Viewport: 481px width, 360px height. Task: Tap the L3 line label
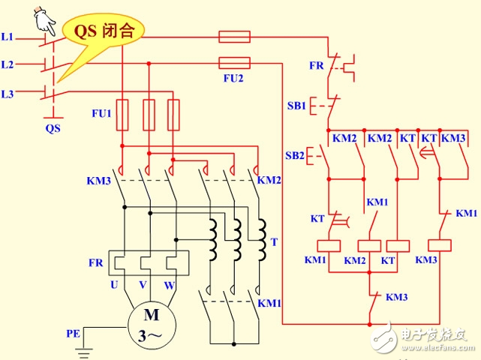(8, 94)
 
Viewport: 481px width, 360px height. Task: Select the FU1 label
(101, 113)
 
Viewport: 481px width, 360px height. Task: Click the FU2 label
(234, 76)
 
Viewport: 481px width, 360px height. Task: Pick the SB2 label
(296, 155)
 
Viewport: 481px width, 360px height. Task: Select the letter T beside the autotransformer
(274, 241)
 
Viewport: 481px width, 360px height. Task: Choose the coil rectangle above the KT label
(397, 244)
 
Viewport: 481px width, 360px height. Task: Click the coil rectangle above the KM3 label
(438, 244)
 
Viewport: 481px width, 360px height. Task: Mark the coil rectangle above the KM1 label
(329, 244)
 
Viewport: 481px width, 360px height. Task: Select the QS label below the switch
(52, 127)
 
